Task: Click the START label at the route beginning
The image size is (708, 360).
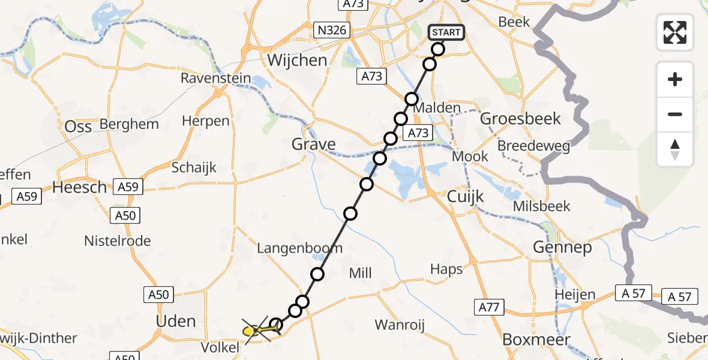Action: click(x=446, y=32)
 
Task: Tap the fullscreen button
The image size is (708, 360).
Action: click(x=675, y=32)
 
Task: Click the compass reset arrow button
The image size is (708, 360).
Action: click(x=675, y=149)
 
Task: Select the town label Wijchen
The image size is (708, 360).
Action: click(x=298, y=60)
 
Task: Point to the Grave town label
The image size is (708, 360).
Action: click(x=313, y=144)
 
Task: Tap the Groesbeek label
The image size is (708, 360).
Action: click(x=520, y=118)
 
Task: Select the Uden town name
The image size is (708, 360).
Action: click(x=176, y=321)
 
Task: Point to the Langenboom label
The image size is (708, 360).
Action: click(x=299, y=248)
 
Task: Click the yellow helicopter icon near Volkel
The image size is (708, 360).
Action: click(x=254, y=330)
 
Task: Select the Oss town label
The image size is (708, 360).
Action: click(x=78, y=126)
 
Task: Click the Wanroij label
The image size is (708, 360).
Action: click(x=400, y=325)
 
